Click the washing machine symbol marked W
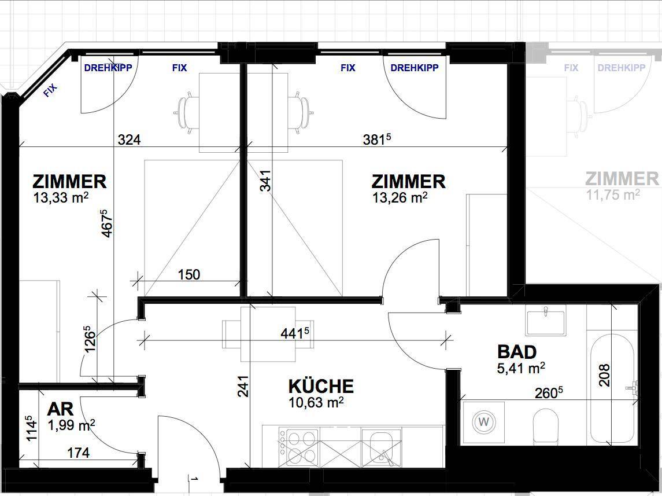[x=485, y=422]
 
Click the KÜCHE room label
[x=321, y=386]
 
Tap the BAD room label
[x=517, y=352]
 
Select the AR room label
[x=60, y=409]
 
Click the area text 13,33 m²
[x=61, y=197]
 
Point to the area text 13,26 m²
[x=400, y=197]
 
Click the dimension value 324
[x=129, y=139]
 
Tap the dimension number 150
[x=188, y=274]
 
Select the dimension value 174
[x=79, y=453]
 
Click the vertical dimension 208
[x=605, y=375]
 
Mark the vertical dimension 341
[x=265, y=181]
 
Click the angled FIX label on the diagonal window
[x=50, y=90]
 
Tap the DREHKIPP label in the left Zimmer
[x=108, y=68]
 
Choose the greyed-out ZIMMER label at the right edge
[x=622, y=179]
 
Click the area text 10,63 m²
[x=316, y=402]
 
